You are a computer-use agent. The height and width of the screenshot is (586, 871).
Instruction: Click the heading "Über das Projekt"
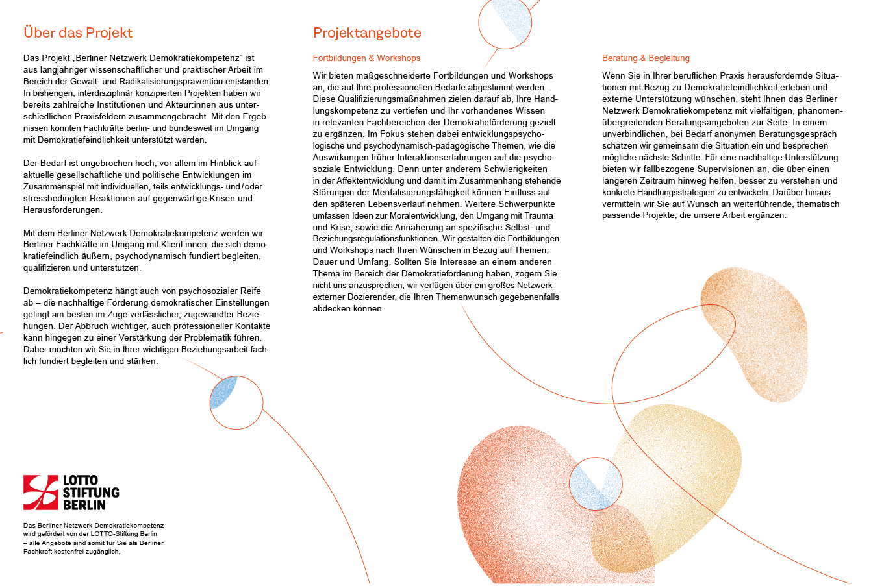click(78, 32)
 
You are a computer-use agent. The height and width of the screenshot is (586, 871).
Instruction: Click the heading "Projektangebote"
click(367, 32)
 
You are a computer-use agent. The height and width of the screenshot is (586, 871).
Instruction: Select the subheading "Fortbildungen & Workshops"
click(366, 58)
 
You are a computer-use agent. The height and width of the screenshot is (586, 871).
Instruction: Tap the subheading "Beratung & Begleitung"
click(646, 58)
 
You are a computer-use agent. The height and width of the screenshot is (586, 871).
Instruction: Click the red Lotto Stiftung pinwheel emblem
click(41, 492)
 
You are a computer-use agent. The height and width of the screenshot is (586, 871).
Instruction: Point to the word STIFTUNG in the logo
click(91, 493)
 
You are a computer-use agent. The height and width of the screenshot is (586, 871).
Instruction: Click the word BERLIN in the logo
click(84, 504)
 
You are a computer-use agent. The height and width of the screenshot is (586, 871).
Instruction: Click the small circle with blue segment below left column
click(236, 402)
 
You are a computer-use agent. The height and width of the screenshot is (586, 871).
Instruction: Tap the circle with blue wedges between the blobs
click(596, 483)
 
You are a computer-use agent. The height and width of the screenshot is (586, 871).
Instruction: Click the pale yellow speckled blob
click(682, 467)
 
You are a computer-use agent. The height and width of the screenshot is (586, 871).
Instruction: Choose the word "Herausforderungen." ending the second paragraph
click(62, 210)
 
